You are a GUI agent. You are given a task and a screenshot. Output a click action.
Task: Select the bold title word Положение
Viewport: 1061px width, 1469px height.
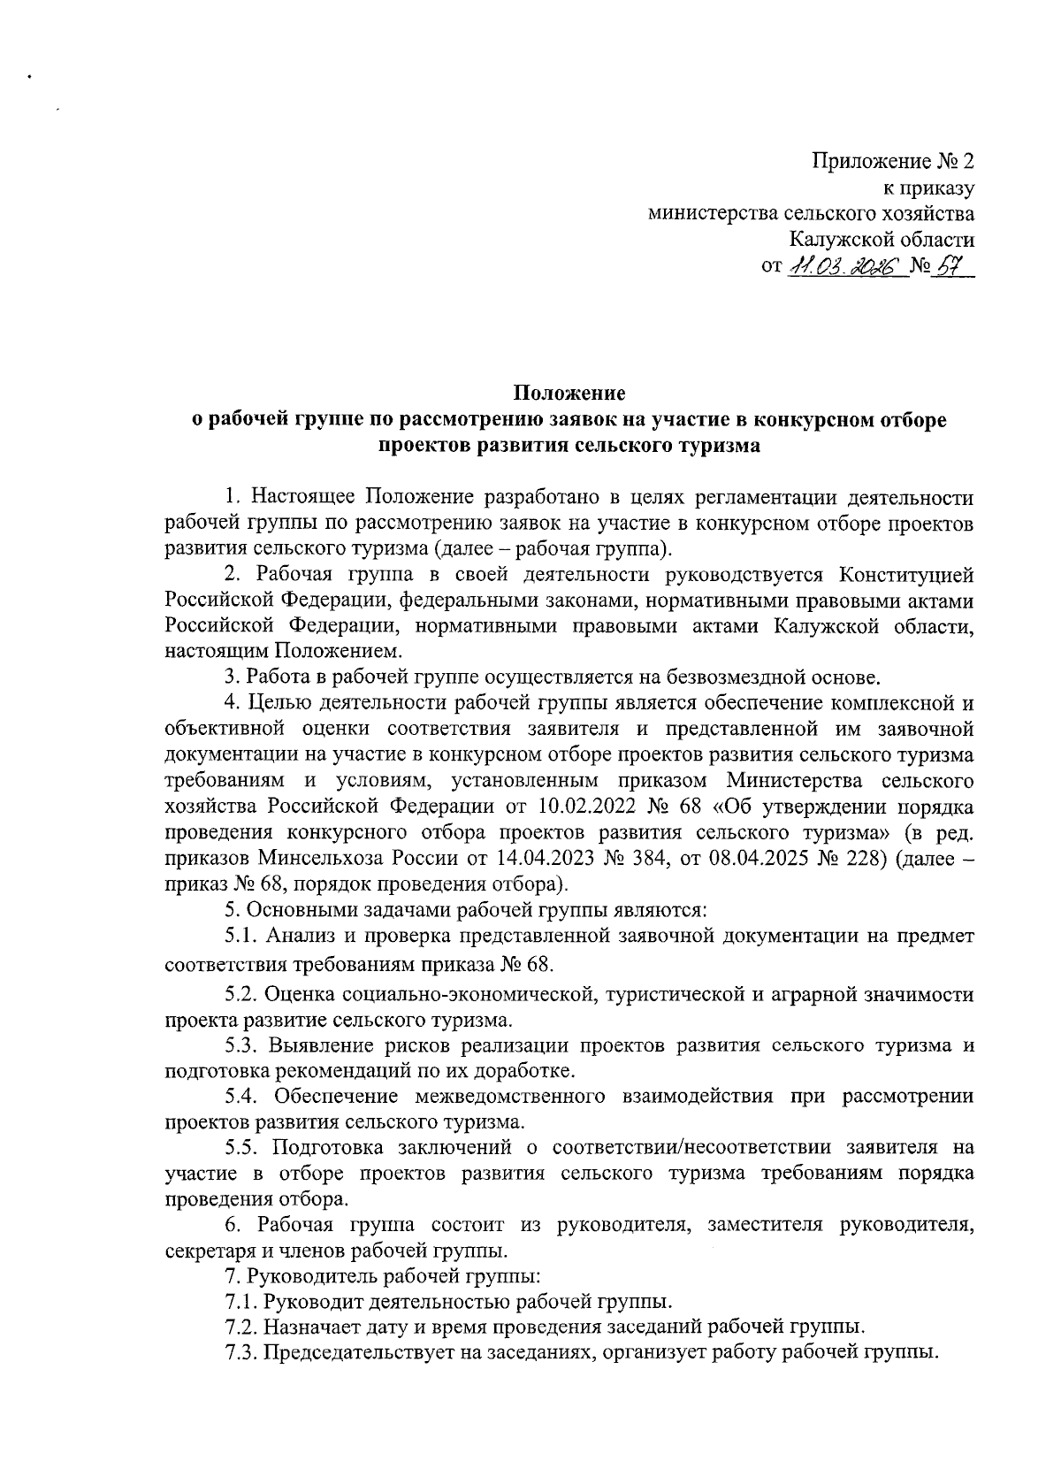(x=569, y=393)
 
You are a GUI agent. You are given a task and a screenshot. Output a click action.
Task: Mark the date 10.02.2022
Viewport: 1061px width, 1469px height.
(x=584, y=807)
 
